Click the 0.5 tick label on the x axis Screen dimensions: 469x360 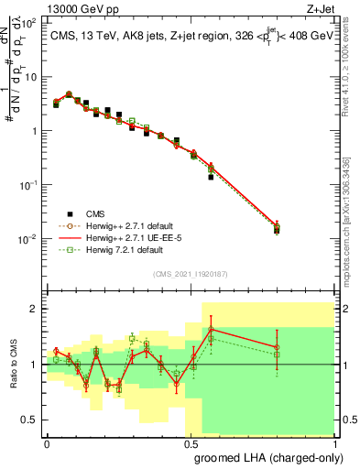tap(191, 442)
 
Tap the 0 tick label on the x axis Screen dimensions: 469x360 tap(47, 442)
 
